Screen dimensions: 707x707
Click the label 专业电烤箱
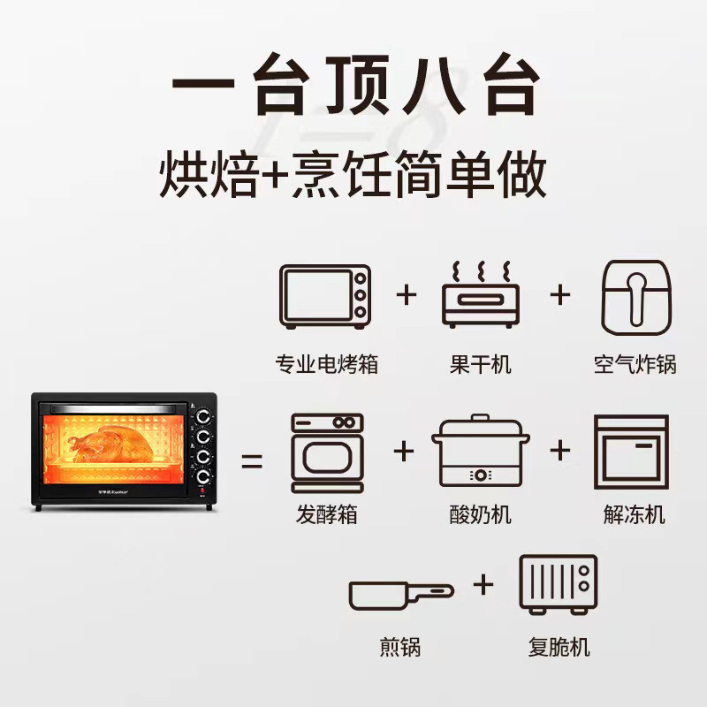point(326,364)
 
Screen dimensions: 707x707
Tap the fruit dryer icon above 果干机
point(481,294)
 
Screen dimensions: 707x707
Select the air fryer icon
point(636,297)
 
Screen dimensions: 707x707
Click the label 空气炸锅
point(635,364)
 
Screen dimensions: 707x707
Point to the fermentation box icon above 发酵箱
point(327,452)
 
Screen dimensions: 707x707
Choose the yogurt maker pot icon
point(481,450)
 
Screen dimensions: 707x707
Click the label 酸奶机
point(480,514)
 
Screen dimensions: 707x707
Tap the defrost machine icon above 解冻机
point(631,452)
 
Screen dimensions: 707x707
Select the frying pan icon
point(401,595)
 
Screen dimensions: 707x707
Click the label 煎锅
point(400,647)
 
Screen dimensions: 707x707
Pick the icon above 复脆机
point(559,584)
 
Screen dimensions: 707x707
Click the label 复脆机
point(559,647)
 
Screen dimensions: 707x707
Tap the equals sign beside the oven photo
point(252,460)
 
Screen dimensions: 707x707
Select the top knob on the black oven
point(203,417)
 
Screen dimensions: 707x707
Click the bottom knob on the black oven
point(203,476)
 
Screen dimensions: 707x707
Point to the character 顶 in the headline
point(358,84)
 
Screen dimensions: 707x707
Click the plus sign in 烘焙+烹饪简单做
point(274,174)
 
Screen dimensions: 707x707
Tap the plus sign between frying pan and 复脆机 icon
point(483,585)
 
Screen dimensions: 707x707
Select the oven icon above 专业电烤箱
point(325,297)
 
